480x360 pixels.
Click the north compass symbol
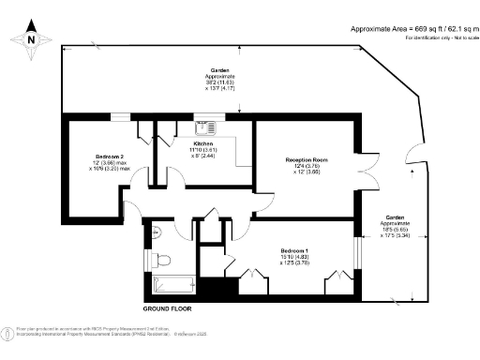(30, 39)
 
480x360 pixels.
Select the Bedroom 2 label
(110, 157)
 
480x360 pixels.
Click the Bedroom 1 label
(296, 250)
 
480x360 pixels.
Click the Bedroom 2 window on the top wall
(120, 116)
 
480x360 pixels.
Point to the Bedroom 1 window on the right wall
(358, 258)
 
